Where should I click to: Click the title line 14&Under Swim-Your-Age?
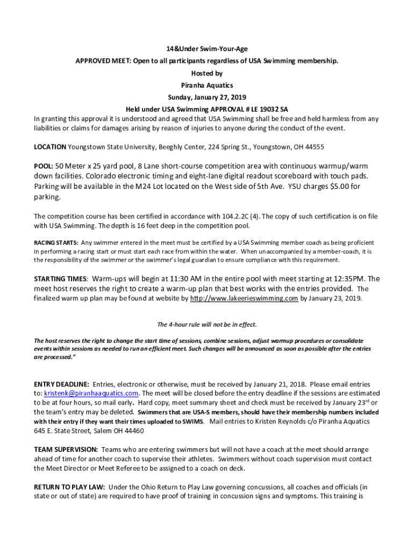tap(207, 48)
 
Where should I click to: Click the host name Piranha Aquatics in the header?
tap(207, 85)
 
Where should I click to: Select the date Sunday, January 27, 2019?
tap(207, 97)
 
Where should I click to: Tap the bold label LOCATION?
tap(50, 147)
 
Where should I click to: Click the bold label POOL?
tap(44, 166)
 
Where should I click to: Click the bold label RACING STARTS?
tap(56, 242)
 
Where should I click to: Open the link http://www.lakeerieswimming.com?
tap(244, 298)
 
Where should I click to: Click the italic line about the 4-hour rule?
tap(207, 324)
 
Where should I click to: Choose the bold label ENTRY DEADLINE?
tap(61, 384)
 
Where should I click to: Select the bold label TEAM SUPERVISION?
tap(66, 449)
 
